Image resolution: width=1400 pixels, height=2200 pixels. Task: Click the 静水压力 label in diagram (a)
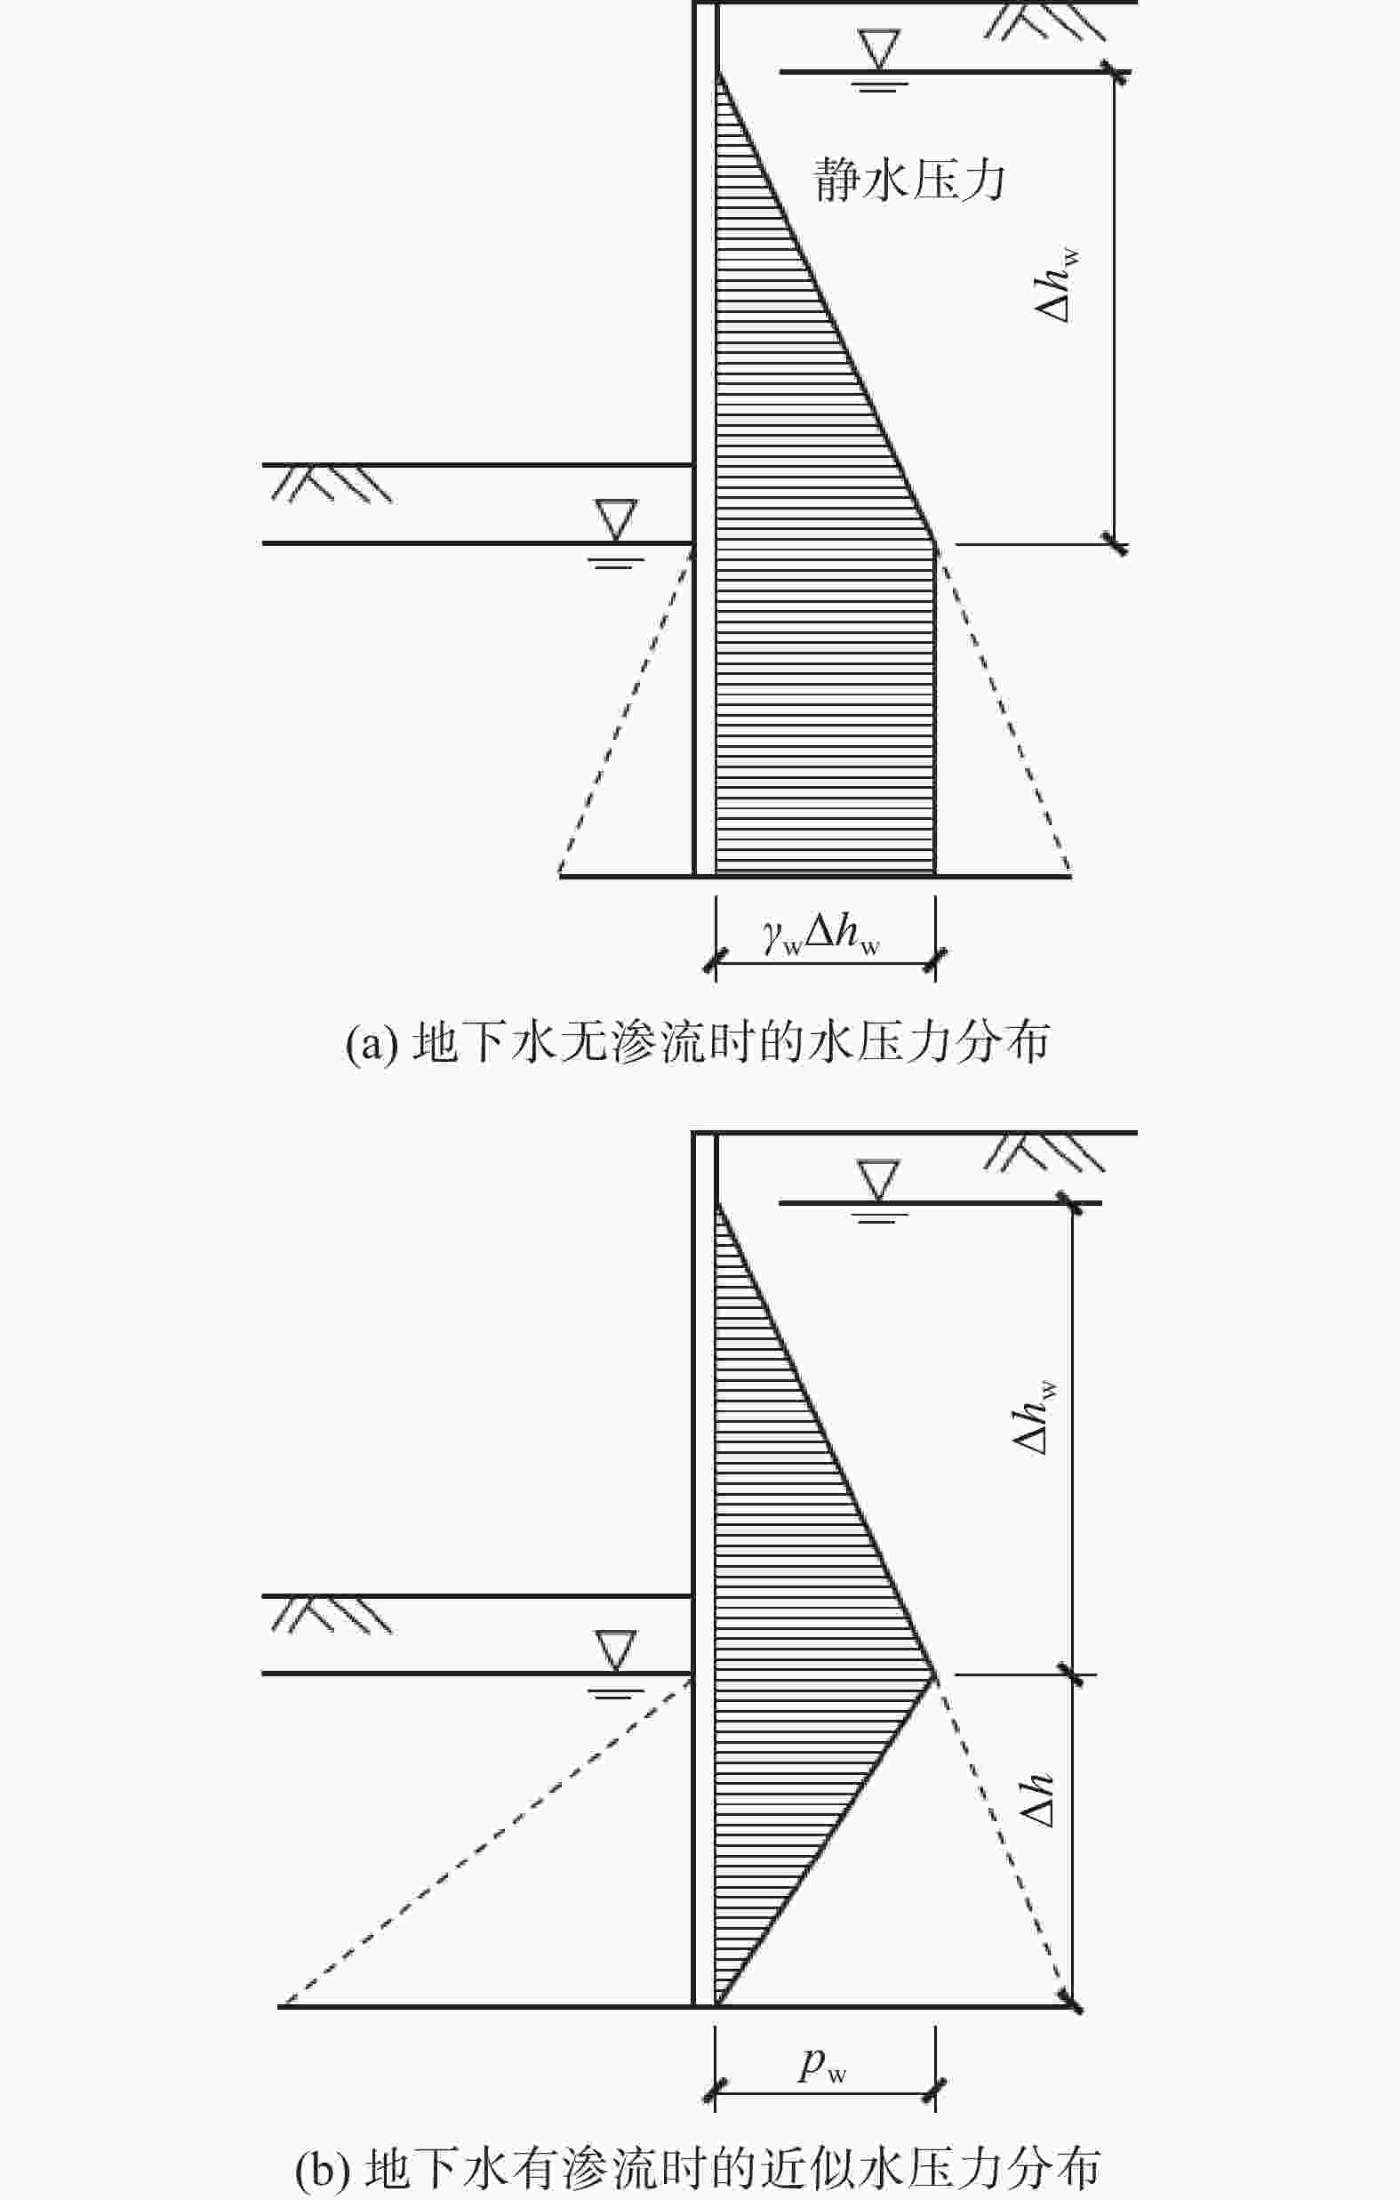point(908,179)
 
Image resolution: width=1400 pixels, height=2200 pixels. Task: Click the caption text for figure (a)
point(698,1042)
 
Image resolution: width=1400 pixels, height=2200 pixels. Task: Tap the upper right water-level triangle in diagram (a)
point(878,49)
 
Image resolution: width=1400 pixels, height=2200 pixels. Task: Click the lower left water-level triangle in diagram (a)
point(614,519)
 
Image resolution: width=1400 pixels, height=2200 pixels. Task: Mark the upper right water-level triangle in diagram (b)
point(878,1179)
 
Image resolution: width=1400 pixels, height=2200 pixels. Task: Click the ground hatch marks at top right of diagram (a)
point(1044,22)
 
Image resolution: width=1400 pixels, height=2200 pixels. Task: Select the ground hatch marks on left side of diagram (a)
point(332,483)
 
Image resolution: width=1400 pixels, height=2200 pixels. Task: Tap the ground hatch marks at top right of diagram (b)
point(1044,1152)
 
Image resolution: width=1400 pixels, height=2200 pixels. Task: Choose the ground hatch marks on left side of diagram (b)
point(332,1615)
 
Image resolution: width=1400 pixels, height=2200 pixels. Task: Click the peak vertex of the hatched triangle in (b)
point(934,1674)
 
